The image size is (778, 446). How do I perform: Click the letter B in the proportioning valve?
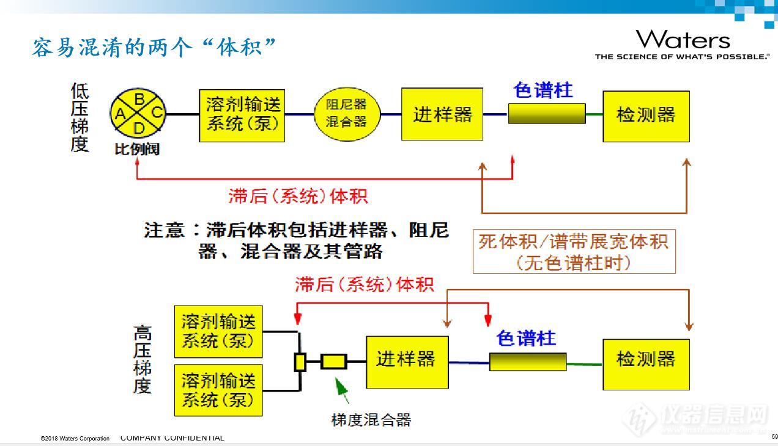(139, 98)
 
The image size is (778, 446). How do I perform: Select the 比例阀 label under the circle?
(137, 149)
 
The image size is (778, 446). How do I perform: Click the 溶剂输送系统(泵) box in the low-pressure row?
(242, 115)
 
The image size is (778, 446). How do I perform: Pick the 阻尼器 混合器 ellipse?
(347, 114)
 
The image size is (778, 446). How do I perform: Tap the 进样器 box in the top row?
(442, 114)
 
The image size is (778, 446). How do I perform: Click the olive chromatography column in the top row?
(546, 114)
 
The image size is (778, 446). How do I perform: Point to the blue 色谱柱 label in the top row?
(543, 90)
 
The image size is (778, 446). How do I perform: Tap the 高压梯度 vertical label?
(143, 360)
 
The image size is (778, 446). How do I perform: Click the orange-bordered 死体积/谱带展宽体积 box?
(574, 251)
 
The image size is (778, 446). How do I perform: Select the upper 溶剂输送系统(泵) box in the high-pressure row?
(218, 331)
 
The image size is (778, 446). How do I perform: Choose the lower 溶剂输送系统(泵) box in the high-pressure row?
(218, 390)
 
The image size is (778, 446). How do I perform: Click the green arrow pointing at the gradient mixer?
(342, 390)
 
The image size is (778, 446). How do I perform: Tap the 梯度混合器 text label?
(371, 420)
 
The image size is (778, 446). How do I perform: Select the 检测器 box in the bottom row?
(646, 364)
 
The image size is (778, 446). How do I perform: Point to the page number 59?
(774, 437)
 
